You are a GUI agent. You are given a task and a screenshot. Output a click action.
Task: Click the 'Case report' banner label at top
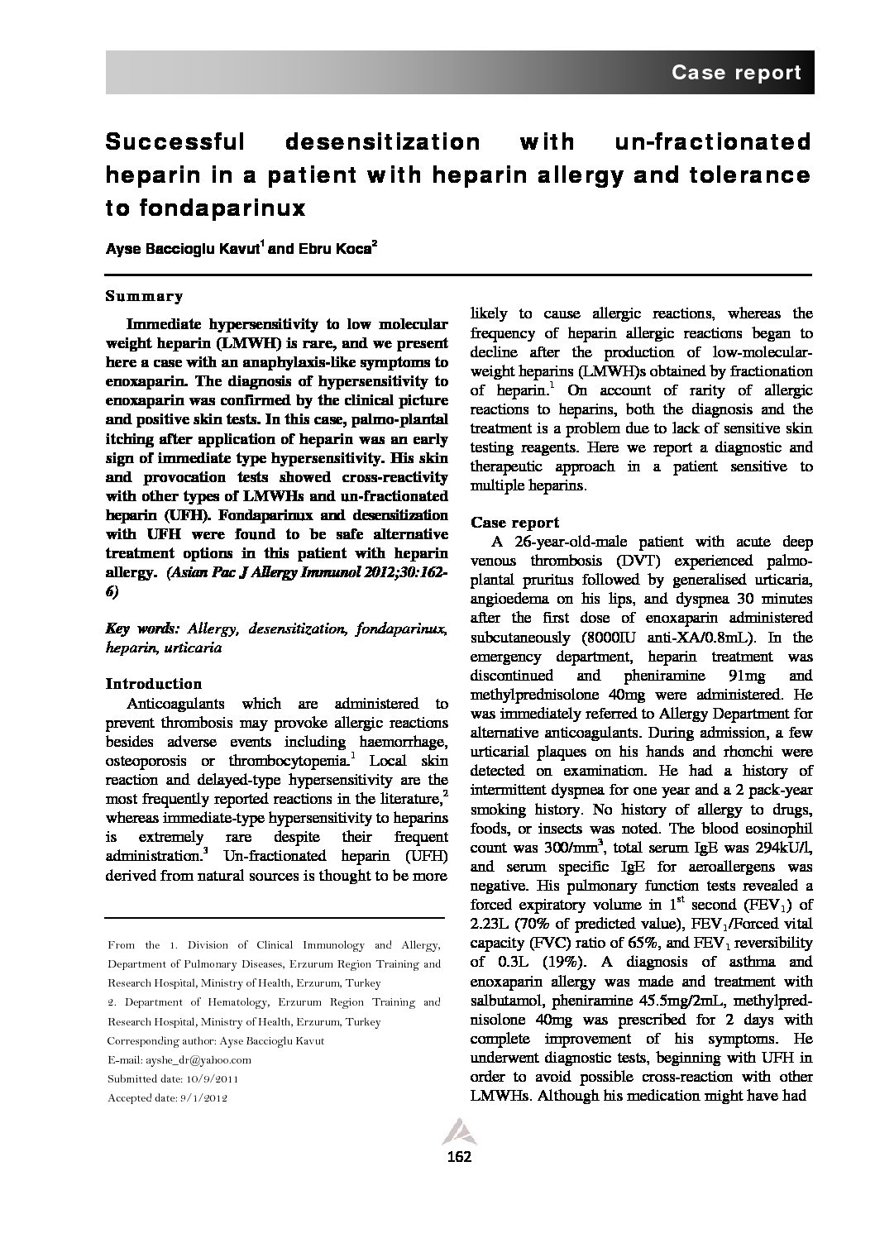[735, 73]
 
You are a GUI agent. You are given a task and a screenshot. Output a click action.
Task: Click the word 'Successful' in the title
[175, 142]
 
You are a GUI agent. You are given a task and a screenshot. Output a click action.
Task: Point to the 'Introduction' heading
[154, 684]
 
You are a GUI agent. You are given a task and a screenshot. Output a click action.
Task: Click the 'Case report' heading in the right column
[514, 523]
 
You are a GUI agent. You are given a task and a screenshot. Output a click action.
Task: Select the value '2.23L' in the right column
[493, 924]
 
